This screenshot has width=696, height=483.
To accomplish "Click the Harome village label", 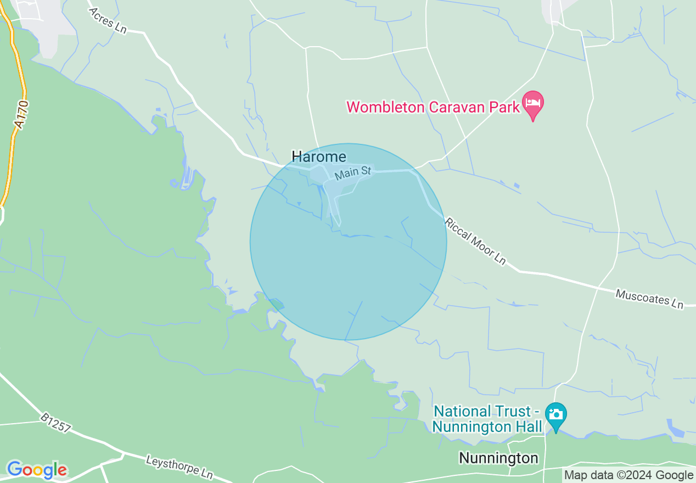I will pos(319,157).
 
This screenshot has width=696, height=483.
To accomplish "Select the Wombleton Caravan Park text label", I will pos(433,106).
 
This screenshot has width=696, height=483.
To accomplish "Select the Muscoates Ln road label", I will pos(649,299).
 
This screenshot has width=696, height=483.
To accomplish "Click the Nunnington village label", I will pos(498,458).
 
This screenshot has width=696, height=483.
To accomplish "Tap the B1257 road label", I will pos(55,423).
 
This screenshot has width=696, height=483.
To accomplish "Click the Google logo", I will pos(37,470).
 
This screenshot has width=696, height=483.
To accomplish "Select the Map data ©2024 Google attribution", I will pos(629,475).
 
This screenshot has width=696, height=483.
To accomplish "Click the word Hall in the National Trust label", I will pos(526,426).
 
